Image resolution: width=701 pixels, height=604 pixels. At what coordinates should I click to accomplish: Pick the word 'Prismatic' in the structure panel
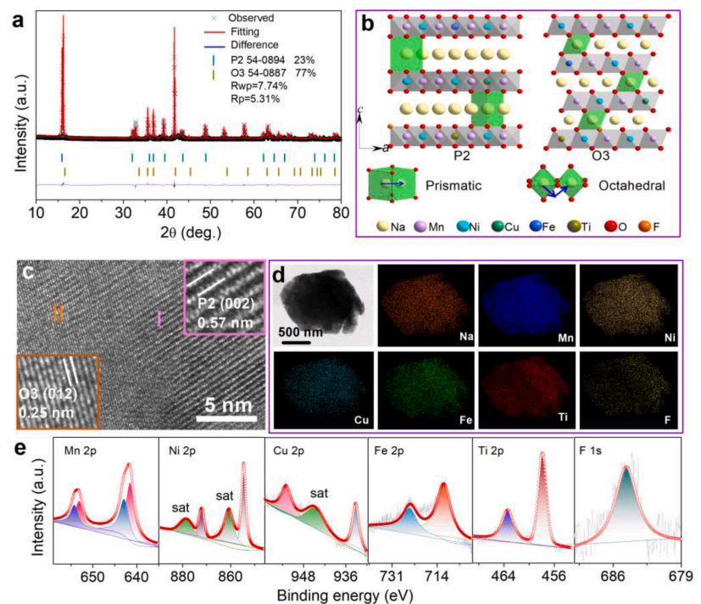pos(459,183)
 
